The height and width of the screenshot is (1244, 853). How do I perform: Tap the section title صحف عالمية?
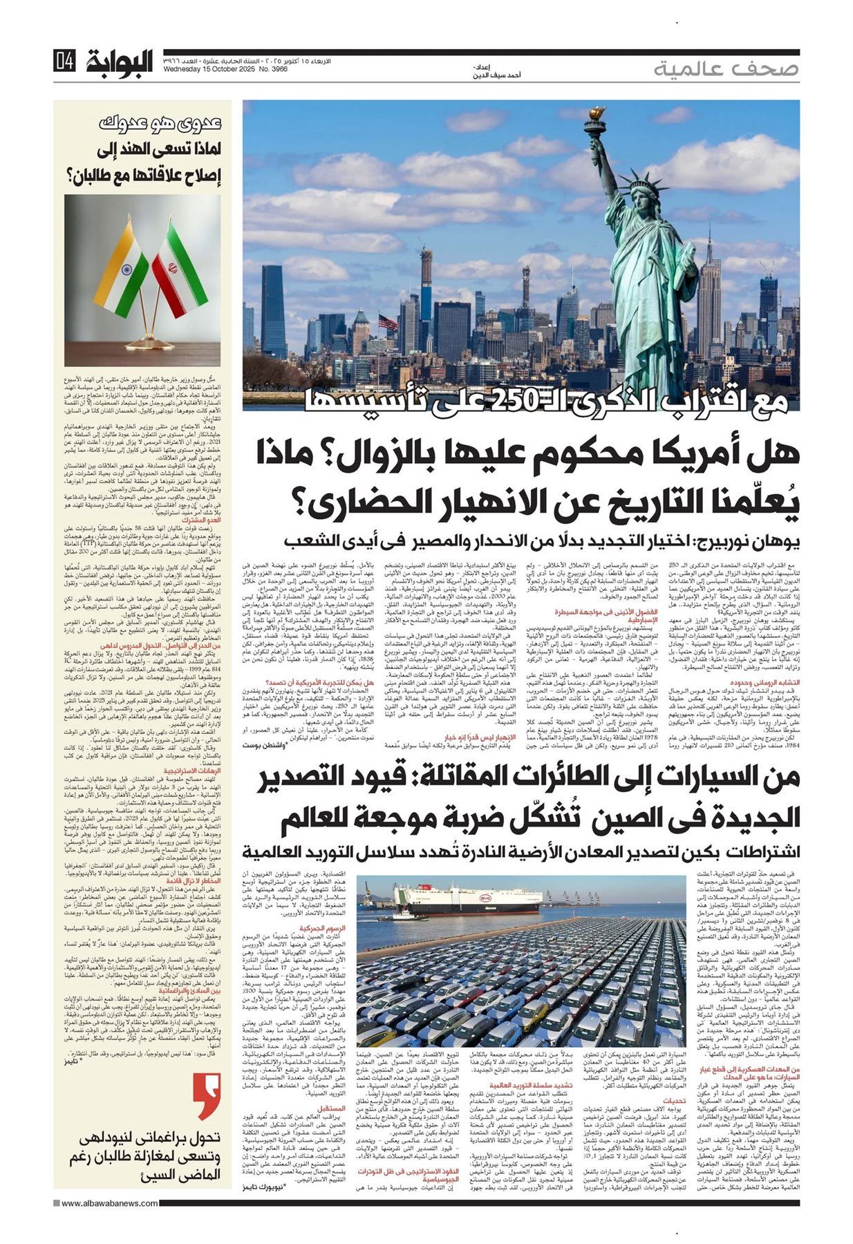[726, 68]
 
